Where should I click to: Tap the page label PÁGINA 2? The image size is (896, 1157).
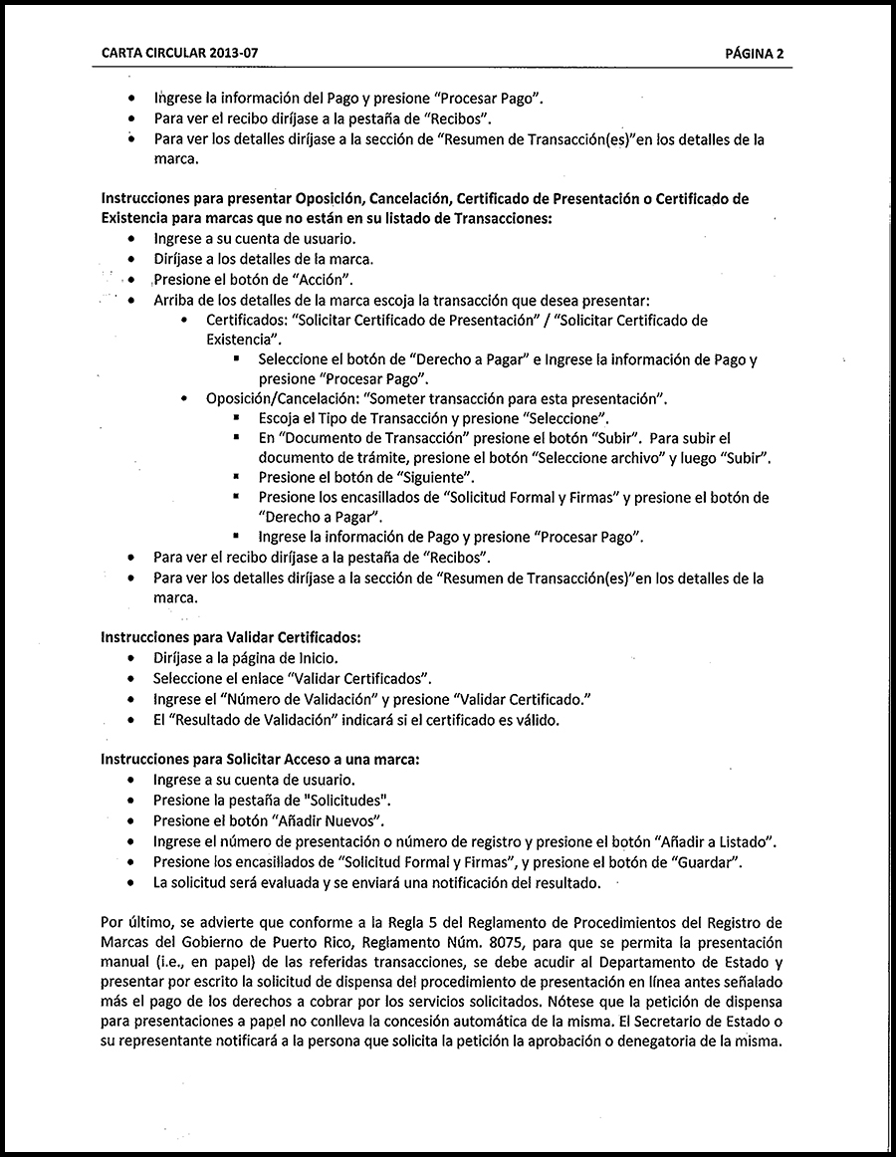[x=754, y=54]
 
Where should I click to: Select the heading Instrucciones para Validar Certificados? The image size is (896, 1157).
[x=230, y=636]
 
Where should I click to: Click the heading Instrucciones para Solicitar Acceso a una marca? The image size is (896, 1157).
[x=260, y=758]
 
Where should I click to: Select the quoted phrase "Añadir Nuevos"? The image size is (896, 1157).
[x=327, y=820]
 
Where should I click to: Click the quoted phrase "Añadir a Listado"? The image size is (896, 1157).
[x=715, y=841]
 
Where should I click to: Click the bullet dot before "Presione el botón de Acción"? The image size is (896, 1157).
[x=131, y=280]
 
